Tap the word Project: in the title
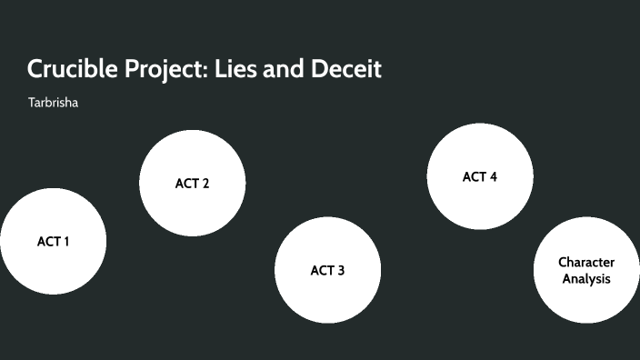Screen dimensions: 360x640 coord(164,70)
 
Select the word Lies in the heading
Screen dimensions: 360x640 coord(235,69)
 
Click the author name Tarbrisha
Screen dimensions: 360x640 coord(54,103)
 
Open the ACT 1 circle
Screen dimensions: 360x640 coord(53,241)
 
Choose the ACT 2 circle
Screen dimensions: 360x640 coord(192,183)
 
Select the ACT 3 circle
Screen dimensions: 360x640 coord(327,270)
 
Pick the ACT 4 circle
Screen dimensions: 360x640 coord(479,176)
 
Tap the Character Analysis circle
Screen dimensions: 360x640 coord(585,270)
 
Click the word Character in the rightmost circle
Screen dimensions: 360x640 coord(586,262)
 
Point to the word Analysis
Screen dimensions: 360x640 coord(586,279)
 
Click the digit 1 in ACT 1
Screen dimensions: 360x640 coord(65,242)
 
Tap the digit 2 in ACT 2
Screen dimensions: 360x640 coord(205,184)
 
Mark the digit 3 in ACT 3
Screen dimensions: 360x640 coord(341,271)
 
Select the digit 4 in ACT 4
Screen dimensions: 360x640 coord(493,177)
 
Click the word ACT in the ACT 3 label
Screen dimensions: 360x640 coord(322,271)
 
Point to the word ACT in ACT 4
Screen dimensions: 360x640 coord(474,177)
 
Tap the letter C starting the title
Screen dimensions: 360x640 coord(34,69)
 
